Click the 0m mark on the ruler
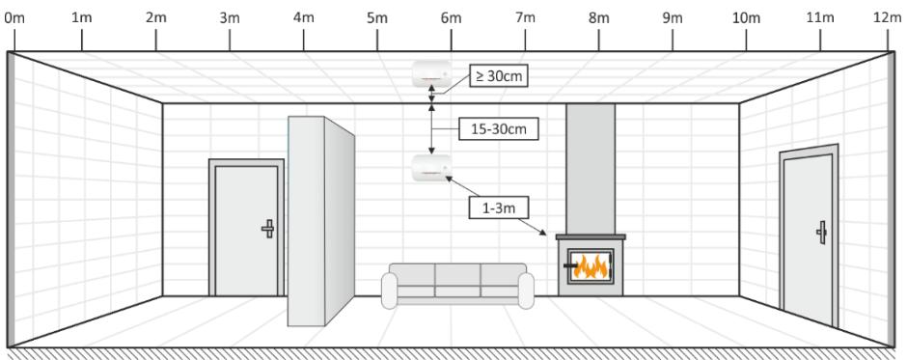pos(13,17)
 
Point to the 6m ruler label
pos(451,17)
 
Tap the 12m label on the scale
pos(887,17)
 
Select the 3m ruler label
pos(230,17)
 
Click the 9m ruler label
pos(672,17)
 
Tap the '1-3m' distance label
pos(498,206)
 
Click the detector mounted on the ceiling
pos(431,70)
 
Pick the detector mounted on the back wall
pos(430,169)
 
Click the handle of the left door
pos(268,229)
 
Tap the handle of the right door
pos(821,232)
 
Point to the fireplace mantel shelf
pos(591,237)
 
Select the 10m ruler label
pos(746,17)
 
